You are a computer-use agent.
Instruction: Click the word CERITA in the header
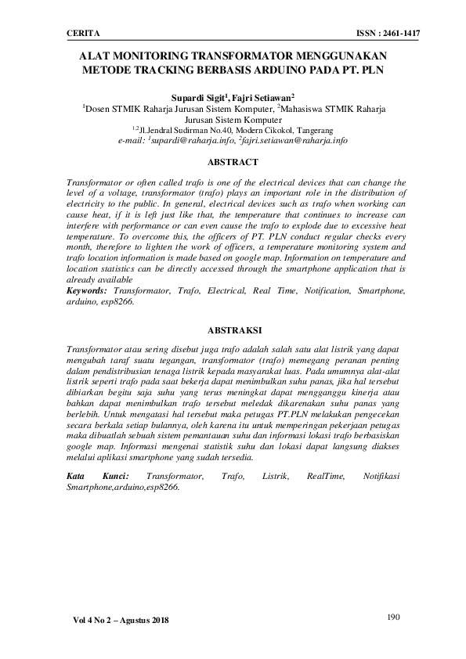tap(81, 34)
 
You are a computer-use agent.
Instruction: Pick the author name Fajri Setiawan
tap(263, 97)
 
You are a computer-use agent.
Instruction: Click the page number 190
tap(394, 618)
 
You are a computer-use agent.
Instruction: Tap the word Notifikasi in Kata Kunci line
tap(384, 476)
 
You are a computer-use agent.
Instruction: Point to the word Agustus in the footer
tap(142, 621)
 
